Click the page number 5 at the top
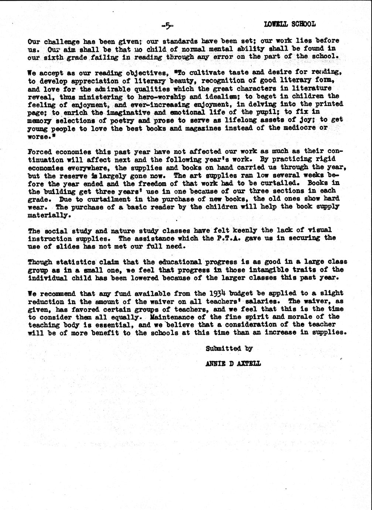click(x=167, y=25)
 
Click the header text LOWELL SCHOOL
click(x=290, y=24)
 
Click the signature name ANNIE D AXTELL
click(x=233, y=364)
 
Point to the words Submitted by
click(x=229, y=348)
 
